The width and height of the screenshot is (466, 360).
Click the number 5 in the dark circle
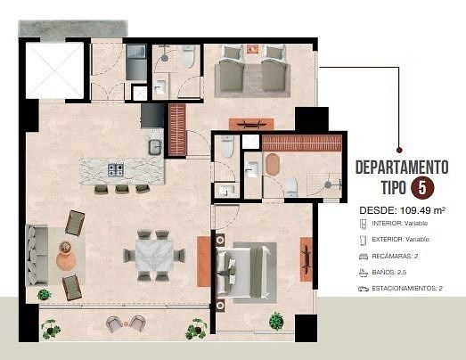422,188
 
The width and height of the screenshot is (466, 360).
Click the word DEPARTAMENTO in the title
402,167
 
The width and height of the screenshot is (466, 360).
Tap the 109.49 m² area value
422,210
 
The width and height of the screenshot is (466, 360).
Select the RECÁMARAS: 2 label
395,256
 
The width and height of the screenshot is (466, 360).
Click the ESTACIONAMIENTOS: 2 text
407,288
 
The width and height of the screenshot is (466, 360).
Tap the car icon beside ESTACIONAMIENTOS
364,289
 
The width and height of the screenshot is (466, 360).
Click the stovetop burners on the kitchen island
116,169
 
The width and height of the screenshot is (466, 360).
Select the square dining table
154,256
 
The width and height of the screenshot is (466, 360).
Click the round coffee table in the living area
66,258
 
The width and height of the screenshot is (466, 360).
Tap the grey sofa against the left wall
37,256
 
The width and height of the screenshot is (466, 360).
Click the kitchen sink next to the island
155,147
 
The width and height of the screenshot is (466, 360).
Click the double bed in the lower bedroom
244,271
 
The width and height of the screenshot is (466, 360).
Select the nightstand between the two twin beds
252,48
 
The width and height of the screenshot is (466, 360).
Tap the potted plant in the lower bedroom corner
276,321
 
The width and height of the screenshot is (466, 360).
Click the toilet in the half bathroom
227,145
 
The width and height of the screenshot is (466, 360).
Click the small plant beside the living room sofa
45,295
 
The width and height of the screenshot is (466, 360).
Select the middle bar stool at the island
121,189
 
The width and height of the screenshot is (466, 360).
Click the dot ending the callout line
399,150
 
